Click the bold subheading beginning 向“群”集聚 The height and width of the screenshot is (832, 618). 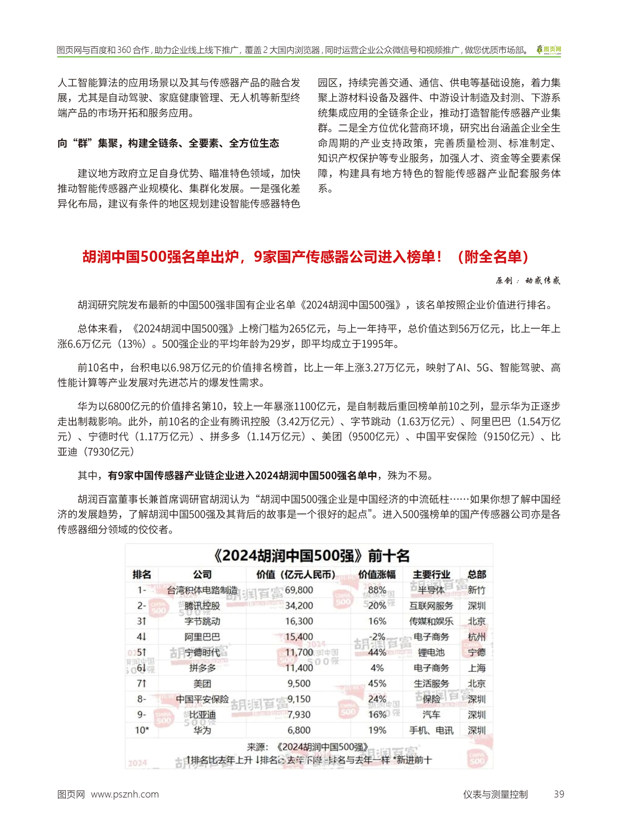click(x=168, y=143)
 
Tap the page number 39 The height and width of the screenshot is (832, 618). click(x=558, y=794)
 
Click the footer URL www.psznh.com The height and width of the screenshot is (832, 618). click(x=124, y=794)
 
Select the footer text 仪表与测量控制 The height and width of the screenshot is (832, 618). click(x=495, y=794)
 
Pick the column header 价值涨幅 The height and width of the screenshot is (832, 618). click(x=376, y=574)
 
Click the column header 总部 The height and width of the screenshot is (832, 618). click(x=476, y=574)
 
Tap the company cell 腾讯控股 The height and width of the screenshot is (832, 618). click(x=202, y=605)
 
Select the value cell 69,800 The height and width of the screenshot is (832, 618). click(x=299, y=590)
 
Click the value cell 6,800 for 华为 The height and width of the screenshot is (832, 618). click(x=299, y=730)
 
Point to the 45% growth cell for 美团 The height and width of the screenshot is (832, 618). click(x=377, y=683)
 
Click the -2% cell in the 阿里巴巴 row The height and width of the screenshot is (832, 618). click(x=377, y=637)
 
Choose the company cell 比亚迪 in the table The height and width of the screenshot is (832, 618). click(x=202, y=714)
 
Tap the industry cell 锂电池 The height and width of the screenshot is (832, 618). click(x=431, y=652)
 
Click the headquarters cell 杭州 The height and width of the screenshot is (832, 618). click(x=476, y=637)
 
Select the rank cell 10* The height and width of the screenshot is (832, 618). click(x=142, y=730)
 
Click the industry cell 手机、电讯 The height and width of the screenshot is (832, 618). click(x=431, y=730)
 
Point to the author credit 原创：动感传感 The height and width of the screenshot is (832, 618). click(x=528, y=281)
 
